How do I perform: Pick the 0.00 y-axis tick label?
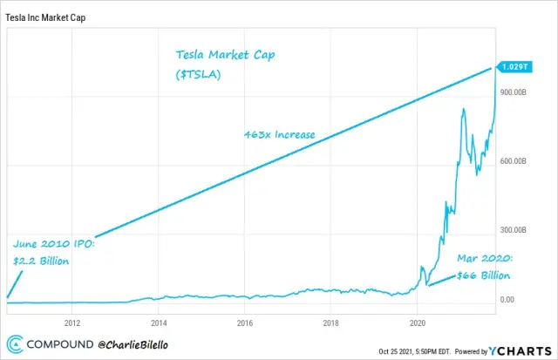[x=507, y=300]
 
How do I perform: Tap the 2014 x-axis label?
[x=158, y=319]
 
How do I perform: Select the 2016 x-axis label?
[x=244, y=319]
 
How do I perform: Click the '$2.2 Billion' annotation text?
[x=42, y=260]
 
